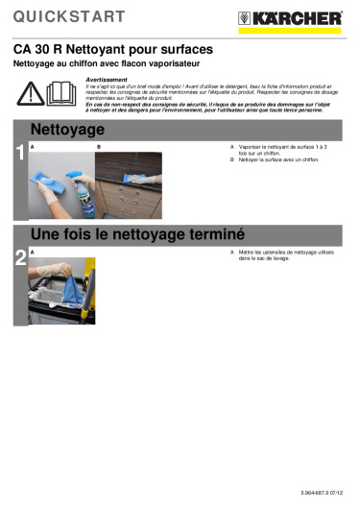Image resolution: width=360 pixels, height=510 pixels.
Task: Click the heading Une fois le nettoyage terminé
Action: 138,233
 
